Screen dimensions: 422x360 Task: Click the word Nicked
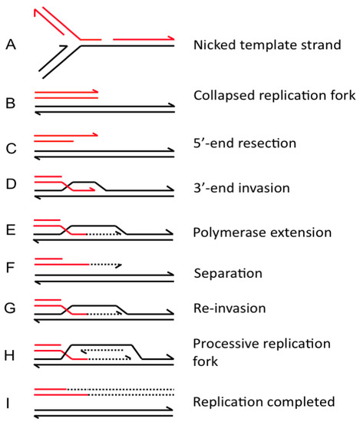[x=215, y=45]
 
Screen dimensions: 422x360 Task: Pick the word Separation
[x=228, y=272]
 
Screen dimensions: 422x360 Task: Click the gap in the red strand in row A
[x=107, y=38]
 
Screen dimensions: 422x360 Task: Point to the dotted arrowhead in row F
[x=120, y=265]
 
